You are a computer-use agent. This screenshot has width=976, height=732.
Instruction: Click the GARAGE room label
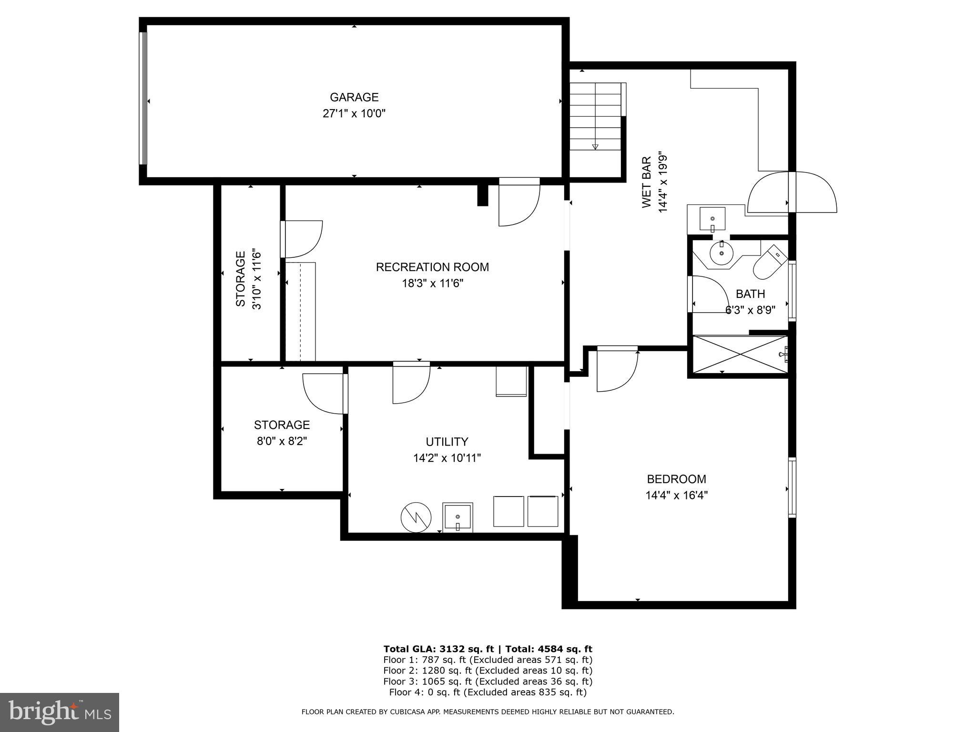point(354,97)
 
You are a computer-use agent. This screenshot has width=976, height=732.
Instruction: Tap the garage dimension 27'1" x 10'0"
point(354,114)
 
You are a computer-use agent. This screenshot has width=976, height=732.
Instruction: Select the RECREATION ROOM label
point(432,267)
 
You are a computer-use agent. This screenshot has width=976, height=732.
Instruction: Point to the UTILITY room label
point(447,441)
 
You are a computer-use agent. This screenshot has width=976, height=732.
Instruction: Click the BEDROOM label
point(676,479)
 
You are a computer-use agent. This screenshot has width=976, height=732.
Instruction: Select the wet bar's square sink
point(712,219)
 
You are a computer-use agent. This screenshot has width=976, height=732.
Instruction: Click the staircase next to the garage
point(596,116)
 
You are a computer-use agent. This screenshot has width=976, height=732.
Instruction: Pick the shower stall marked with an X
point(739,355)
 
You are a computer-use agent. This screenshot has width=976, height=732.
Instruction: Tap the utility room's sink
point(457,517)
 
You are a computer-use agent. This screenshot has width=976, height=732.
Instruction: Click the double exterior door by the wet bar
point(792,193)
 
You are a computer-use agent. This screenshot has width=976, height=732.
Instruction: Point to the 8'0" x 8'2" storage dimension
point(282,441)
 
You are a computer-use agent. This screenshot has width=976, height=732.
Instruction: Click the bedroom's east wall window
point(792,487)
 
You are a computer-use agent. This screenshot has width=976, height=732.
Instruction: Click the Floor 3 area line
point(488,681)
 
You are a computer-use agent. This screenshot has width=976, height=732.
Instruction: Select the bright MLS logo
point(60,712)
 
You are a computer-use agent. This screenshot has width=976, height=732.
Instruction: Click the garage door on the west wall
point(143,98)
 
